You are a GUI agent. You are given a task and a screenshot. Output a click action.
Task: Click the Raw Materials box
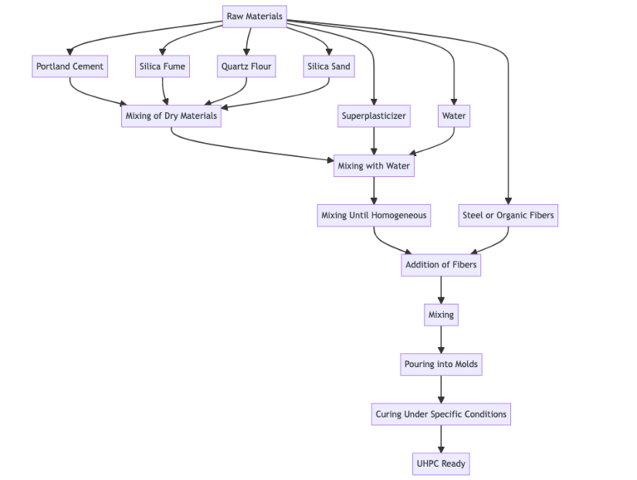(x=255, y=17)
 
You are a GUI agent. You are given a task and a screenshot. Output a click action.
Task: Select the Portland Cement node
(x=71, y=66)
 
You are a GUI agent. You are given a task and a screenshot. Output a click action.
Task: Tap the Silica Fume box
(x=163, y=66)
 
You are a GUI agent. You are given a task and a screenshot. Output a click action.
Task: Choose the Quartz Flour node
(x=246, y=66)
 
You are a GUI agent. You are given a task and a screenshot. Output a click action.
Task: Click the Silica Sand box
(x=329, y=66)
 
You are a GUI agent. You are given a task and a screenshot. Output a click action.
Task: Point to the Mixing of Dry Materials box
(x=171, y=115)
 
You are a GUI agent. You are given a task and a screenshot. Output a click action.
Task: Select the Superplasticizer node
(x=374, y=115)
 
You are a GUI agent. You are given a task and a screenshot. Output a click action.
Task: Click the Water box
(x=454, y=115)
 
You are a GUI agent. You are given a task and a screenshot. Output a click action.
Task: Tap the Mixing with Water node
(x=374, y=165)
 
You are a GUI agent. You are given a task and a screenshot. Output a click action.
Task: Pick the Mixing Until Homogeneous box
(x=374, y=215)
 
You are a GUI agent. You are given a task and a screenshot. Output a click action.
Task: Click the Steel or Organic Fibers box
(x=508, y=215)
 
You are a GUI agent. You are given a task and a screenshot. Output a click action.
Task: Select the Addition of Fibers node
(x=440, y=265)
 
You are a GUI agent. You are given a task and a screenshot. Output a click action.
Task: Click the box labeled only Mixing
(x=440, y=315)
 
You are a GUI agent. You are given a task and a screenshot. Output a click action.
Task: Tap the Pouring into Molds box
(x=440, y=364)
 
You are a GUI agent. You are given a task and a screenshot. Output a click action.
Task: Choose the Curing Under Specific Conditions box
(x=440, y=414)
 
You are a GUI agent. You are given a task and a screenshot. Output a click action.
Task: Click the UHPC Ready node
(x=440, y=463)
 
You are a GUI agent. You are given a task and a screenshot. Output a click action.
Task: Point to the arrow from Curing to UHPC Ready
(x=440, y=438)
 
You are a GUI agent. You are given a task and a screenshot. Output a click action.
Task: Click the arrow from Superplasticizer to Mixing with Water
(x=374, y=140)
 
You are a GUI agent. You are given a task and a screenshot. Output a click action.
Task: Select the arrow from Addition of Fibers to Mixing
(x=440, y=290)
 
